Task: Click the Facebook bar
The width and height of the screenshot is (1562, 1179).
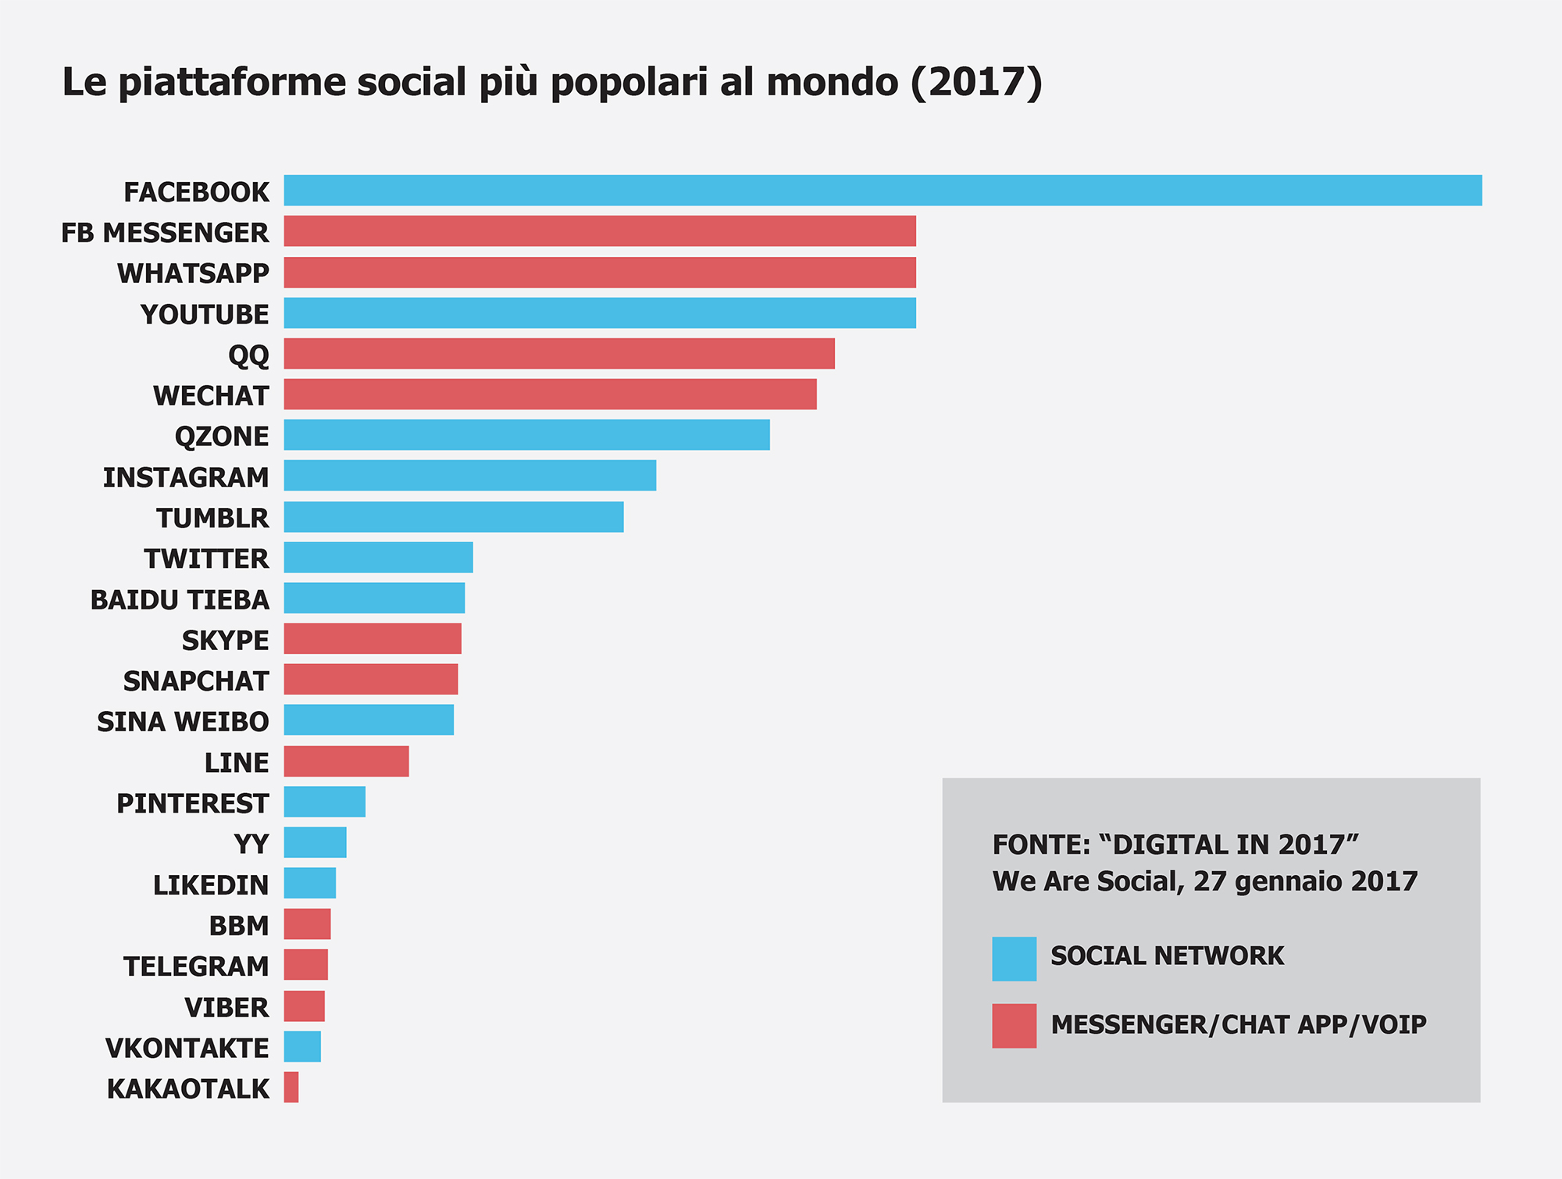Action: (883, 191)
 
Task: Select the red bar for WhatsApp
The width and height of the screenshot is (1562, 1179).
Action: (600, 273)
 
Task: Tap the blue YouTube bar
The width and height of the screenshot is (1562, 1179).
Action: (600, 313)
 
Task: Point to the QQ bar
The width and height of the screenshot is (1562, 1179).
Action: (559, 354)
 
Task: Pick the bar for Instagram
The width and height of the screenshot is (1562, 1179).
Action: (469, 476)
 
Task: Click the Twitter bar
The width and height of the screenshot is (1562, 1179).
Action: (378, 558)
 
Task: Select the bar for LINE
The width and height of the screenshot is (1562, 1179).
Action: (346, 762)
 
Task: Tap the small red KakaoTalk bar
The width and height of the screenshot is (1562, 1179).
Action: (291, 1088)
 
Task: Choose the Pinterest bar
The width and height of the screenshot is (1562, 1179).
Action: (324, 802)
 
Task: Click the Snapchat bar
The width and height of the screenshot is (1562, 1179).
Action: (371, 680)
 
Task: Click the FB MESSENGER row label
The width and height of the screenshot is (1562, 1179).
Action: (165, 233)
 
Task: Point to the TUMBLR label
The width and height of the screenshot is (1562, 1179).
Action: (212, 518)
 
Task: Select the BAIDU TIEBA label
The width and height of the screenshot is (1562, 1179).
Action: (180, 600)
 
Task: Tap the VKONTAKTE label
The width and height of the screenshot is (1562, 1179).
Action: (187, 1048)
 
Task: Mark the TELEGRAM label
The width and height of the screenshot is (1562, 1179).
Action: (196, 966)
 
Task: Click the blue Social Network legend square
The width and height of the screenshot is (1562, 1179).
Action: (1014, 959)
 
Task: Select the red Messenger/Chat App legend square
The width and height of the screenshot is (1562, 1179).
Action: (1014, 1026)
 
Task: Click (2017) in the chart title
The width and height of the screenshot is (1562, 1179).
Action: (976, 82)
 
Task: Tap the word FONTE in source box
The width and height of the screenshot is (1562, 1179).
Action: (1040, 845)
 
